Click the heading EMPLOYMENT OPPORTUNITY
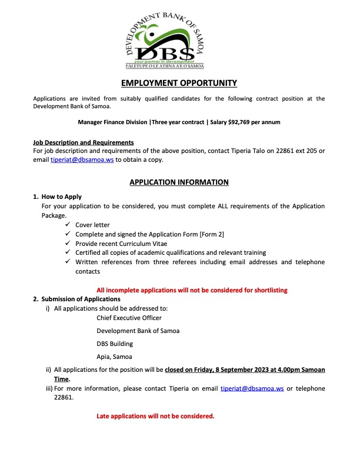179,83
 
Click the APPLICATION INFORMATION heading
179,182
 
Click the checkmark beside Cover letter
69,225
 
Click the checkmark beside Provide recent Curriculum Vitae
69,243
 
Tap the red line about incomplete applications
192,290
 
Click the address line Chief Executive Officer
129,318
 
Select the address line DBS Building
115,344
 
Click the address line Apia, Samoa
114,357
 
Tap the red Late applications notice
155,417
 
